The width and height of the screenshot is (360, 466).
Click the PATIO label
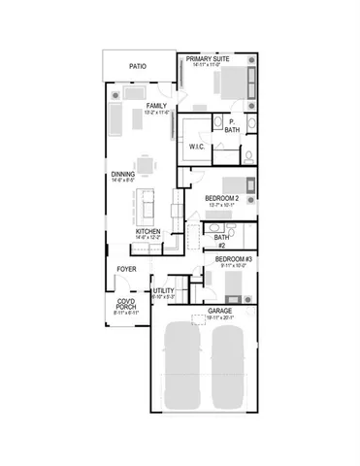point(139,67)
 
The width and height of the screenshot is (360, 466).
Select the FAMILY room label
point(156,105)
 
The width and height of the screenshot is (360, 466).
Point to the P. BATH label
point(232,125)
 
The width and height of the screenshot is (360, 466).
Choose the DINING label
point(123,175)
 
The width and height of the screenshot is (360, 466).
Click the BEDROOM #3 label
point(233,260)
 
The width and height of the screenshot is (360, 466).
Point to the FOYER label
point(127,268)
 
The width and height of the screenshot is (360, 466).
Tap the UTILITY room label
point(163,290)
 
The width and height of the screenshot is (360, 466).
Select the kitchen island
point(150,205)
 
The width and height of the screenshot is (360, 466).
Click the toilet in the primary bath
point(248,154)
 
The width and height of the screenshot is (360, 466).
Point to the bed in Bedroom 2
point(236,185)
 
